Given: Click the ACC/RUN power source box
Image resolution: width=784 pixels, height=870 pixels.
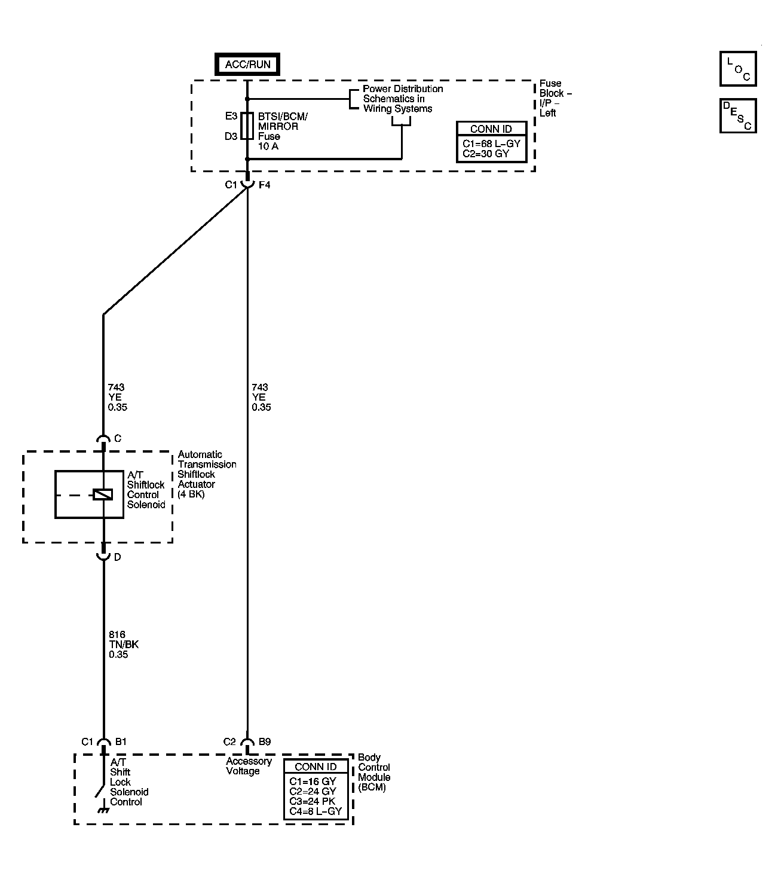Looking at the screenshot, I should pyautogui.click(x=247, y=65).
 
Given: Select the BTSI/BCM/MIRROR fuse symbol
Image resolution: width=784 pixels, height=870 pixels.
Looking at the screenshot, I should pyautogui.click(x=247, y=126).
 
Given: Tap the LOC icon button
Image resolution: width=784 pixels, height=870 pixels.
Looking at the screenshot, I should pyautogui.click(x=738, y=69).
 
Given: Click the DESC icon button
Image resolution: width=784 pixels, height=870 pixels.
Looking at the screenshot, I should pyautogui.click(x=738, y=115).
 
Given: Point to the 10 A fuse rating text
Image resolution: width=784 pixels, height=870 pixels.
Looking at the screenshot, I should pyautogui.click(x=268, y=146).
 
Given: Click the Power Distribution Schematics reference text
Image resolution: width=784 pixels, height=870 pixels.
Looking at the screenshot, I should pyautogui.click(x=403, y=99).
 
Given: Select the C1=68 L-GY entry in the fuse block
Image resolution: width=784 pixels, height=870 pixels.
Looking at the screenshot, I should pyautogui.click(x=491, y=144).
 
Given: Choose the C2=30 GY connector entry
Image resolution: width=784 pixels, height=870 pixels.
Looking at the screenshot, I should pyautogui.click(x=485, y=154).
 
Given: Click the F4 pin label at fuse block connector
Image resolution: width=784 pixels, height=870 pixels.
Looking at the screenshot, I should pyautogui.click(x=264, y=185).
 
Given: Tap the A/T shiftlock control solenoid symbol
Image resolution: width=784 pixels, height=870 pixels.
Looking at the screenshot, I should pyautogui.click(x=103, y=494).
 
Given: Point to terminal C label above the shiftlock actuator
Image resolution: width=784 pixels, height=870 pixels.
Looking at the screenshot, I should pyautogui.click(x=118, y=439).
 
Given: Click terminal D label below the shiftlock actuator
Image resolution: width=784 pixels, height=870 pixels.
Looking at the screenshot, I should pyautogui.click(x=118, y=557).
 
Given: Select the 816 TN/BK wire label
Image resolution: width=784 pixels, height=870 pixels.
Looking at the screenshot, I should pyautogui.click(x=123, y=645).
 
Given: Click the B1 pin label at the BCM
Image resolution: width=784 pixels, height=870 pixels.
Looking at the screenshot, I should pyautogui.click(x=121, y=742).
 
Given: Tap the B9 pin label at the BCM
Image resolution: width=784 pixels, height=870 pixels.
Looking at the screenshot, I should pyautogui.click(x=265, y=742).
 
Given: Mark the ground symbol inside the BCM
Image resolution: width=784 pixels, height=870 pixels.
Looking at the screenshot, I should pyautogui.click(x=103, y=810).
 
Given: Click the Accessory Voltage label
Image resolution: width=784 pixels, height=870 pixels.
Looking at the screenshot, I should pyautogui.click(x=249, y=767).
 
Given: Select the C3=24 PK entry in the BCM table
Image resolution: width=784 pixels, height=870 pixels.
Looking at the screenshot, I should pyautogui.click(x=312, y=801).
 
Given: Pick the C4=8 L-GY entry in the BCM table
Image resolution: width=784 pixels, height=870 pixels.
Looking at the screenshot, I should pyautogui.click(x=315, y=811).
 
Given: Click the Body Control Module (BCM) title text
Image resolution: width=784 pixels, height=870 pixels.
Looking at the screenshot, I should pyautogui.click(x=374, y=773).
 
